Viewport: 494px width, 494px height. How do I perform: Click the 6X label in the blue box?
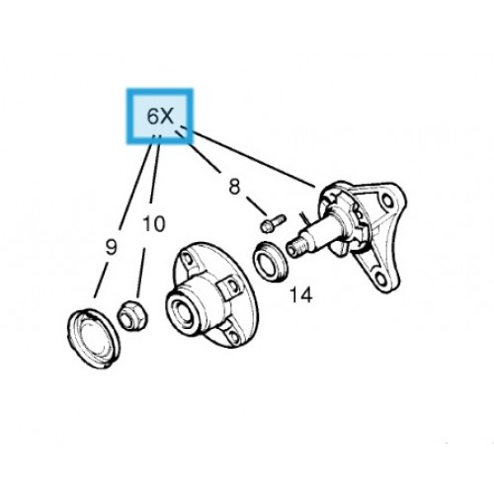(x=160, y=116)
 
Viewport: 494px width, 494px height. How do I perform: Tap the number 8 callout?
(x=234, y=187)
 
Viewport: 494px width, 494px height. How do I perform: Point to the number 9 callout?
(x=111, y=247)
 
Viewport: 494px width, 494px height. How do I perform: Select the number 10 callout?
(x=154, y=224)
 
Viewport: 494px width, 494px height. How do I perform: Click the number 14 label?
(x=300, y=294)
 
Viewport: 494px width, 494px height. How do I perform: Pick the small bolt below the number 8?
(x=273, y=223)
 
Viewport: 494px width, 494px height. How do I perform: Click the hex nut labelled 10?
(x=132, y=316)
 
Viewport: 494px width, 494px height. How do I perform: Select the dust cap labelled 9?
(x=94, y=338)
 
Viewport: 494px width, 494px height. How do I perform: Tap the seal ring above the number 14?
(x=270, y=262)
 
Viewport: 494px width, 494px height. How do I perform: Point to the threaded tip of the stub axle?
(x=293, y=248)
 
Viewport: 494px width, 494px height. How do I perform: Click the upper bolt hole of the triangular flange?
(x=387, y=201)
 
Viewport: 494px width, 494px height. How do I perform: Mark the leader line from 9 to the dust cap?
(x=101, y=281)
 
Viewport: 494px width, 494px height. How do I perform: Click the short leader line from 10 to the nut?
(x=141, y=274)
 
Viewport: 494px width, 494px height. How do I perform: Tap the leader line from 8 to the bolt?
(x=257, y=206)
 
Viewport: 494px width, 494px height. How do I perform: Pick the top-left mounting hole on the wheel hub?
(x=188, y=260)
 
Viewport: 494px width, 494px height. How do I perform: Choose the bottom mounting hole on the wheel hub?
(x=234, y=336)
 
